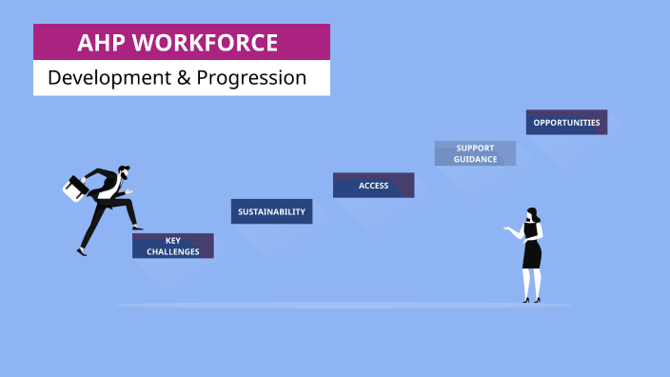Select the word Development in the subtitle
click(104, 78)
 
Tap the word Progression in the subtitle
click(251, 78)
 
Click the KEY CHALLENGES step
click(172, 247)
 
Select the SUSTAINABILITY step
click(271, 211)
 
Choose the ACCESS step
click(373, 186)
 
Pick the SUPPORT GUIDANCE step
click(475, 153)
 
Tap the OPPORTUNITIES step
click(566, 123)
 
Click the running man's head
click(125, 175)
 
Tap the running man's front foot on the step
click(137, 228)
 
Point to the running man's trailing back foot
click(82, 251)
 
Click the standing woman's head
click(532, 215)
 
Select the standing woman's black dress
click(532, 249)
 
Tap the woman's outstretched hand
click(509, 231)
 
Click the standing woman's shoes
click(531, 300)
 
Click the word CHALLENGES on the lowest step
click(173, 252)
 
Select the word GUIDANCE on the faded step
click(475, 159)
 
